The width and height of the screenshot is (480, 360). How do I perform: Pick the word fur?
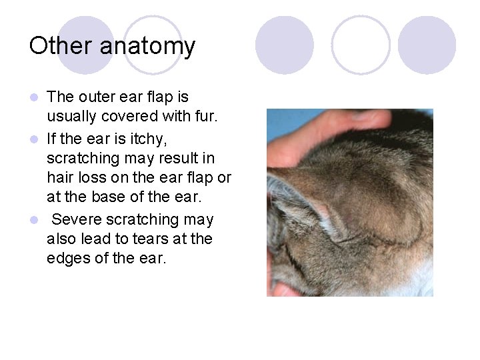pos(203,117)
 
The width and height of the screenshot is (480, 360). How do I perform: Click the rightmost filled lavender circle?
pos(427,45)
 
